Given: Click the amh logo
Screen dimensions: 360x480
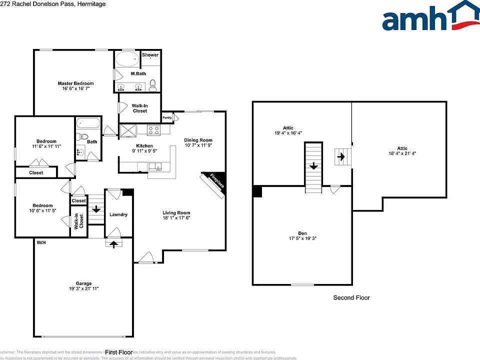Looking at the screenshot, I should [430, 17].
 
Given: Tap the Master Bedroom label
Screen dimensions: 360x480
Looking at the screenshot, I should [75, 83].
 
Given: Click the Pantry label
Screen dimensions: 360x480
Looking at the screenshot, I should [167, 118].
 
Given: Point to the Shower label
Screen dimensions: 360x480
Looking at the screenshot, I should [150, 55].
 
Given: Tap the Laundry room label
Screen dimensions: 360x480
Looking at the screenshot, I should [118, 214].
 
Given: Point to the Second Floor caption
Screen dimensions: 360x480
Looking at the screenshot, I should [351, 298].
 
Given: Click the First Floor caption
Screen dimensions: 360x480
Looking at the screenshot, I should [118, 352].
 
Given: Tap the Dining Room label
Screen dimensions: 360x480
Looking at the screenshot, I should [198, 140].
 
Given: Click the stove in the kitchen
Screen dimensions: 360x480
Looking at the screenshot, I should [153, 130].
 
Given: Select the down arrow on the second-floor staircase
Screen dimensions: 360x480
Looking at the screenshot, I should [313, 165].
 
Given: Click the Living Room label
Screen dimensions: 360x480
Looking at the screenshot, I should [176, 212].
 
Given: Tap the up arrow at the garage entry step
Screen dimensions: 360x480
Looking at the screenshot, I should [114, 243].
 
